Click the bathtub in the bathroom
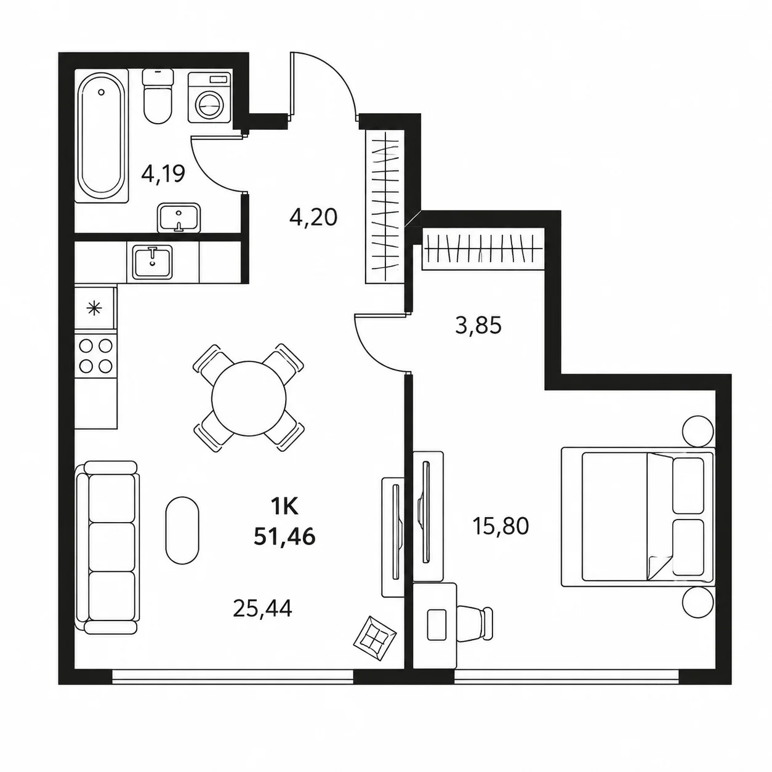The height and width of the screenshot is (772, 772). pos(102,136)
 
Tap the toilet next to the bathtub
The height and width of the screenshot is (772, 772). pos(158,96)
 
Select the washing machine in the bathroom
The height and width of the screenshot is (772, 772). pos(209,97)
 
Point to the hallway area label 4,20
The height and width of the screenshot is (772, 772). pos(313,217)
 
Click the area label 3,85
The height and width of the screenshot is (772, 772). pos(478,326)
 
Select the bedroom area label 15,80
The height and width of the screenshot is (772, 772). pos(501,526)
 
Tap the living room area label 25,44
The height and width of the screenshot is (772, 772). pos(262,608)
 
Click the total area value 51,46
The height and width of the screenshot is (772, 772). pos(284,537)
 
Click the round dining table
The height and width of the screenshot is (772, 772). pos(249,398)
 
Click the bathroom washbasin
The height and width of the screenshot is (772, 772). pos(179,218)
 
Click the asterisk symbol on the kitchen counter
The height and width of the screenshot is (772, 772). pos(95,308)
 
